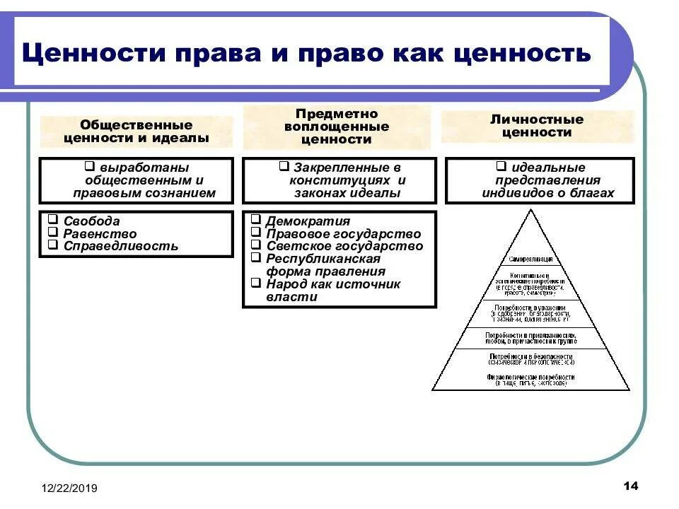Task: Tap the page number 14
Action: pyautogui.click(x=631, y=486)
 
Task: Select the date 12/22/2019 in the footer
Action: pyautogui.click(x=69, y=488)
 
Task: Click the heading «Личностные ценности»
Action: pyautogui.click(x=538, y=126)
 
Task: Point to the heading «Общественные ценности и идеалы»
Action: pyautogui.click(x=136, y=131)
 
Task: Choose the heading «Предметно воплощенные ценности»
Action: pyautogui.click(x=336, y=127)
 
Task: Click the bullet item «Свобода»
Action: pyautogui.click(x=91, y=221)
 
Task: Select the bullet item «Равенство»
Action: pyautogui.click(x=100, y=234)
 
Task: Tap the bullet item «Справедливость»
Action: pyautogui.click(x=120, y=247)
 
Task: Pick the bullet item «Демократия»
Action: pyautogui.click(x=308, y=221)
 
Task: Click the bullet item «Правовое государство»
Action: pyautogui.click(x=343, y=234)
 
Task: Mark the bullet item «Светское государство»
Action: pyautogui.click(x=344, y=247)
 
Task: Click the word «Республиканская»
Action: pyautogui.click(x=323, y=259)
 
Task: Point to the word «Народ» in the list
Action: pyautogui.click(x=286, y=284)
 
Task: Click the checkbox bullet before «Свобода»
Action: pyautogui.click(x=53, y=221)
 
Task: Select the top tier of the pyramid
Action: pyautogui.click(x=530, y=251)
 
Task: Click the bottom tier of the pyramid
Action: pyautogui.click(x=530, y=380)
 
